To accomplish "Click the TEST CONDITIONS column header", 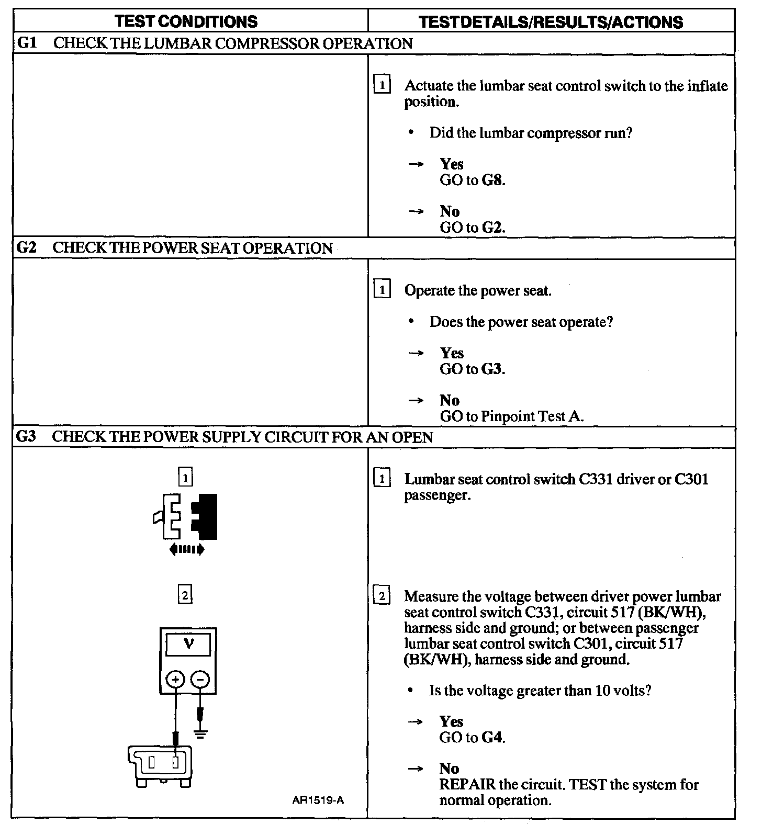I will (186, 21).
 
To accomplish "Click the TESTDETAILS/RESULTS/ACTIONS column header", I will (551, 22).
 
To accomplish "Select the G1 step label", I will (27, 43).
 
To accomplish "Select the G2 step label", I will (27, 247).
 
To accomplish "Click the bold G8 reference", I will (492, 180).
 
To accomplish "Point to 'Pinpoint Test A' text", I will (532, 416).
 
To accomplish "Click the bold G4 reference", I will (492, 738).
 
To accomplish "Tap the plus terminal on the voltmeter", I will (175, 679).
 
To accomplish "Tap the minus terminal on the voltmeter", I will (200, 679).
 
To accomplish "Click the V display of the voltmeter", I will (188, 644).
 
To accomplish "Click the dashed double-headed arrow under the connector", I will (187, 549).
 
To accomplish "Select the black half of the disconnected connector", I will (206, 516).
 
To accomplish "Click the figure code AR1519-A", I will (318, 800).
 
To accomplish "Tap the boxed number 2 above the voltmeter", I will (185, 595).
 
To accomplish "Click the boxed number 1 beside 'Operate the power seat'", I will (383, 290).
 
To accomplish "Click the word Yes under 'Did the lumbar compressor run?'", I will (452, 164).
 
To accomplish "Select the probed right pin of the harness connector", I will (177, 761).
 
